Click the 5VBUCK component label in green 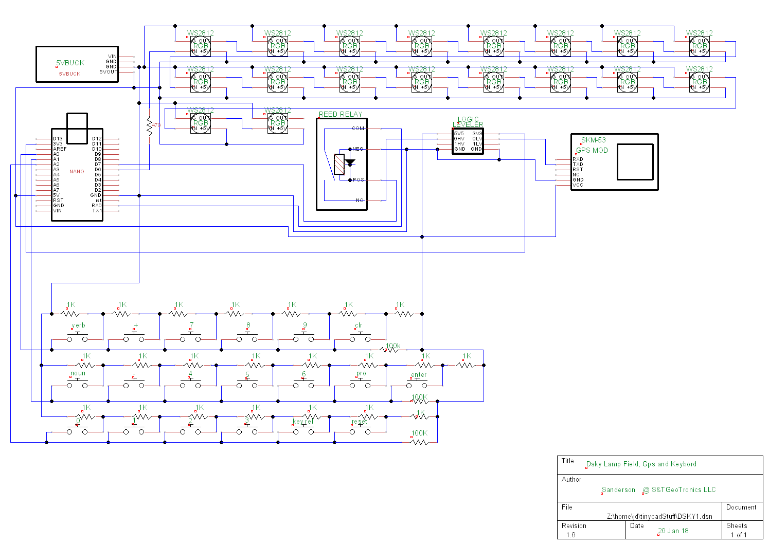coord(70,63)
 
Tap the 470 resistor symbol coord(150,126)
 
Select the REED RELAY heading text coord(340,114)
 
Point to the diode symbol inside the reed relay coord(350,163)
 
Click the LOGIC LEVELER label coord(468,122)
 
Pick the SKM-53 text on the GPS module coord(593,140)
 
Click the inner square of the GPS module coord(635,162)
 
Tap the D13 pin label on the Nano coord(58,139)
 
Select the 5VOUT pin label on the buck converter coord(109,72)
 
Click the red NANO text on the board coord(77,172)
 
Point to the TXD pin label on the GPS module coord(578,165)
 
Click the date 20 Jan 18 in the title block coord(673,531)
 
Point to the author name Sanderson coord(618,489)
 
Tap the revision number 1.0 coord(570,535)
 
